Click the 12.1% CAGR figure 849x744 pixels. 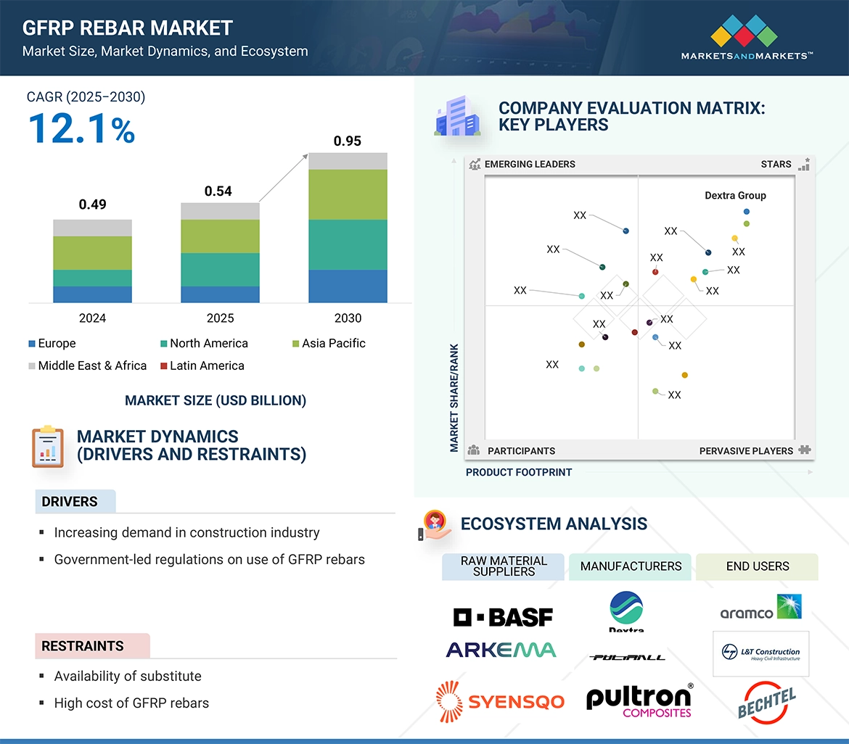[x=81, y=128]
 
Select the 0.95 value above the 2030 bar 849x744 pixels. [x=347, y=141]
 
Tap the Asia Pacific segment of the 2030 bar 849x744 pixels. [x=348, y=194]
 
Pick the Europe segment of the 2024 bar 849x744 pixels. [x=92, y=294]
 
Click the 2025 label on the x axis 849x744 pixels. [x=220, y=318]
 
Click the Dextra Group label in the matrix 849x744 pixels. [x=735, y=196]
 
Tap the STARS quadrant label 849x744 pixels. [x=776, y=164]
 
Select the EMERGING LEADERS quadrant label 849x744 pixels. [x=529, y=164]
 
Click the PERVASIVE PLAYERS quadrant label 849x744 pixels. [x=746, y=451]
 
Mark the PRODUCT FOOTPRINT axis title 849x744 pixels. [x=519, y=472]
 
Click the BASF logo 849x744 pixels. [x=503, y=616]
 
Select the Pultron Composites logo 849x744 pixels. [x=639, y=700]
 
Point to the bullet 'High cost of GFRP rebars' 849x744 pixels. [x=131, y=703]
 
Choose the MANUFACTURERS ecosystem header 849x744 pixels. [x=631, y=566]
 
